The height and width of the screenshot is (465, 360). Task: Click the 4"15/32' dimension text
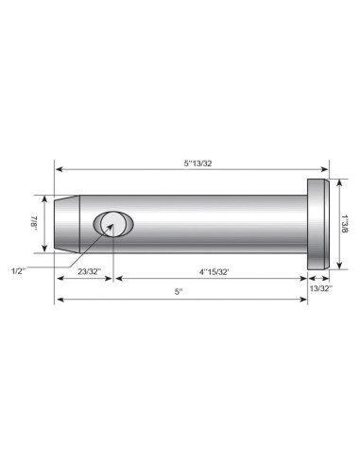(211, 272)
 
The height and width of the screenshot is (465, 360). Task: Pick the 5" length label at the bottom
(180, 292)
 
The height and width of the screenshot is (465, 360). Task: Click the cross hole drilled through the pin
(112, 224)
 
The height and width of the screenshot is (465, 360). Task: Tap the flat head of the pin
(318, 225)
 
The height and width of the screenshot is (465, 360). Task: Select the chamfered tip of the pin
(63, 225)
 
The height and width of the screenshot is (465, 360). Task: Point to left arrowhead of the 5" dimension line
(60, 301)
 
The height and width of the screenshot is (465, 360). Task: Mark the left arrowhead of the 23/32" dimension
(60, 280)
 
